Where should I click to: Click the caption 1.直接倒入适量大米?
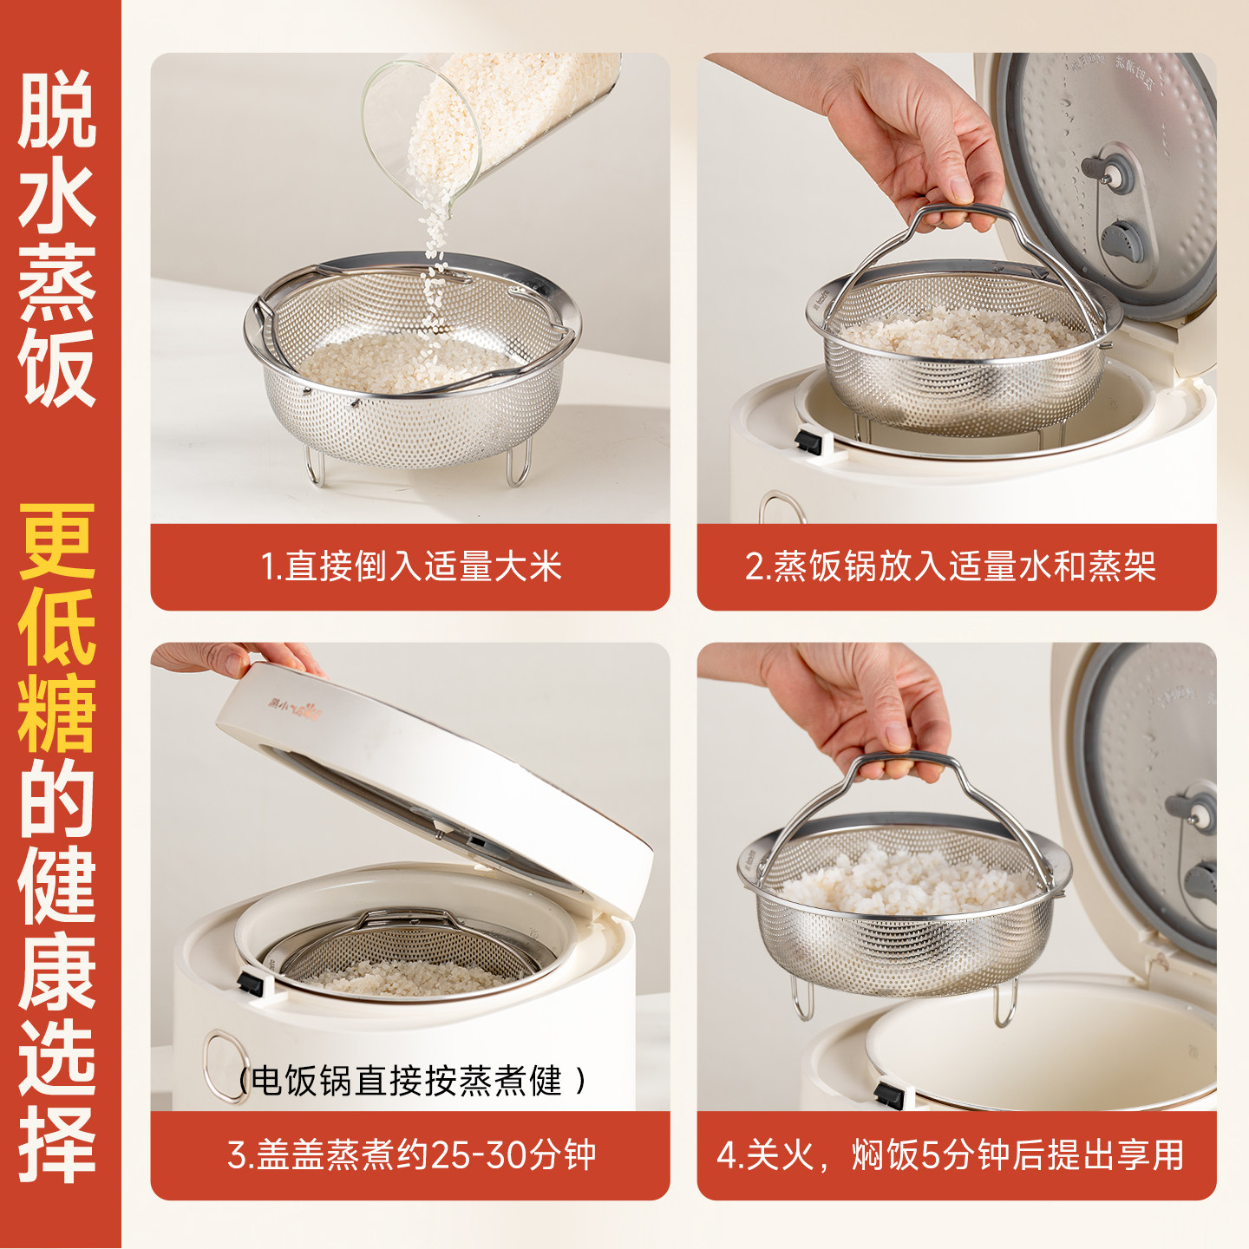[x=410, y=567]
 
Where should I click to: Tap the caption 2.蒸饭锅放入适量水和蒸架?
[x=951, y=567]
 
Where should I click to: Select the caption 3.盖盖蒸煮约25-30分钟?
[x=411, y=1155]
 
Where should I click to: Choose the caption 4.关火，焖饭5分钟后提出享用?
[x=951, y=1155]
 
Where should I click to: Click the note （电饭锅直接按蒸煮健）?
[x=411, y=1081]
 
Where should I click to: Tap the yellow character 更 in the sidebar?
[x=57, y=541]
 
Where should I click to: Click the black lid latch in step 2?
[x=808, y=441]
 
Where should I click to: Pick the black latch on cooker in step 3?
[x=251, y=984]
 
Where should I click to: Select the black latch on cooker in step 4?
[x=890, y=1095]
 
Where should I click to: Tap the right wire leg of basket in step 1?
[x=518, y=464]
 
